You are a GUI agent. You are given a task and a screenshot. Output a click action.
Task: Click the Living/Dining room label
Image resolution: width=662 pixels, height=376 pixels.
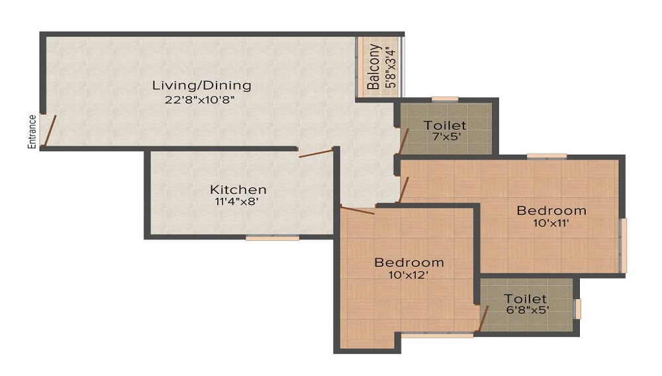pyautogui.click(x=202, y=85)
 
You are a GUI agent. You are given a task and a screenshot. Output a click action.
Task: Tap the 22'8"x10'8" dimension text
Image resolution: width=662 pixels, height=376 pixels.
pyautogui.click(x=200, y=100)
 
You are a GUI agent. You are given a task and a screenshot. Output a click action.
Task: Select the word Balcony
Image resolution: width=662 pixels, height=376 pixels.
pyautogui.click(x=373, y=67)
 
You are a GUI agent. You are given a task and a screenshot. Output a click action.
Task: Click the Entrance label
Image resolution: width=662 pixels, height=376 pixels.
pyautogui.click(x=32, y=132)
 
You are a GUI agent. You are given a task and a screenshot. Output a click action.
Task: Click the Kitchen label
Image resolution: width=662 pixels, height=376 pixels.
pyautogui.click(x=238, y=189)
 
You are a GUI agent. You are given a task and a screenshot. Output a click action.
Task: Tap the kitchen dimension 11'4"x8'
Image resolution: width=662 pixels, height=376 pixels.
pyautogui.click(x=236, y=202)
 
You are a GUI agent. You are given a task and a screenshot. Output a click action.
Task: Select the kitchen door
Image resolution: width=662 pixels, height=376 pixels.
pyautogui.click(x=316, y=153)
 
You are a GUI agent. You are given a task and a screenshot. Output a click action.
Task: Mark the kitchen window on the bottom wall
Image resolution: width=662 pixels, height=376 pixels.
pyautogui.click(x=272, y=238)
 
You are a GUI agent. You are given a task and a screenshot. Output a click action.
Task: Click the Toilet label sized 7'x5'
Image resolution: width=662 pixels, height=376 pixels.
pyautogui.click(x=445, y=125)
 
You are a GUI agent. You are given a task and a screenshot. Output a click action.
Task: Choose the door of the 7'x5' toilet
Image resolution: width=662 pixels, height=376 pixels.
pyautogui.click(x=404, y=141)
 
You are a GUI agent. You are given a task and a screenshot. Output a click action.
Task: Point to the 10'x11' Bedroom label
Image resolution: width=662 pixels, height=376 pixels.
pyautogui.click(x=551, y=210)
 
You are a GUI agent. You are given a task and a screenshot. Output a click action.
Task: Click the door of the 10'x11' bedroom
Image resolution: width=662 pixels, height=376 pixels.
pyautogui.click(x=404, y=189)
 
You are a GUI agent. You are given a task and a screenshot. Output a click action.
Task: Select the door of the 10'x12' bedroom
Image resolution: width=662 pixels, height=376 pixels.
pyautogui.click(x=357, y=210)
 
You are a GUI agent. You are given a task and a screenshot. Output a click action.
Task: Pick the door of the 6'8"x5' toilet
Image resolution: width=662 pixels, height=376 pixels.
pyautogui.click(x=483, y=318)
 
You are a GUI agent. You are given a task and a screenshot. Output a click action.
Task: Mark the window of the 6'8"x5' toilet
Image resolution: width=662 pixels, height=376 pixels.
pyautogui.click(x=578, y=309)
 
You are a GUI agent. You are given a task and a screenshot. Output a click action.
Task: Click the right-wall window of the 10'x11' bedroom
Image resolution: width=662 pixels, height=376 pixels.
pyautogui.click(x=623, y=245)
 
